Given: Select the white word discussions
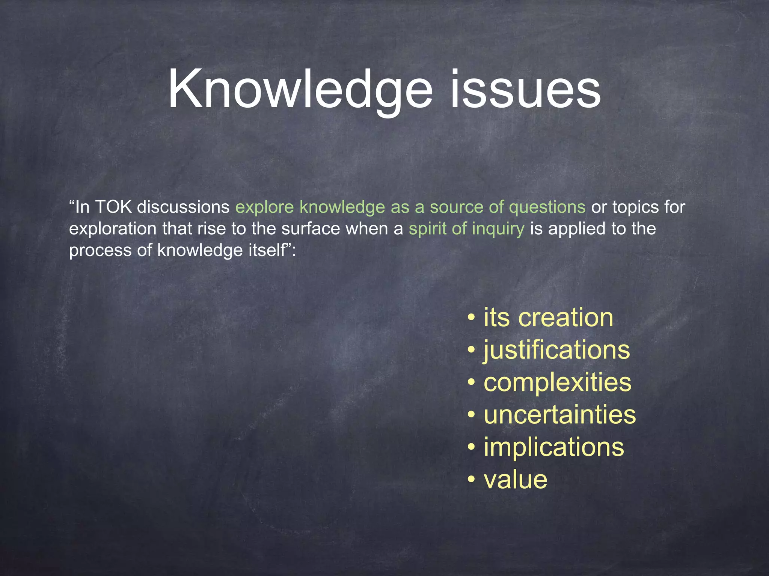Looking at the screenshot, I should (x=183, y=207).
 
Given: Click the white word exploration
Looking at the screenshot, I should (x=113, y=229).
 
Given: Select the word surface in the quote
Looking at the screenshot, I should (x=311, y=229).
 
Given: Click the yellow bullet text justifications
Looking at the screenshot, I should (x=557, y=350).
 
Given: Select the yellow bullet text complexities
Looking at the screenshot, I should (x=558, y=382).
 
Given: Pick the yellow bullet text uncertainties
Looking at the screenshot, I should (x=560, y=415).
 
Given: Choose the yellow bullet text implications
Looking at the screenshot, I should (x=554, y=447).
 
